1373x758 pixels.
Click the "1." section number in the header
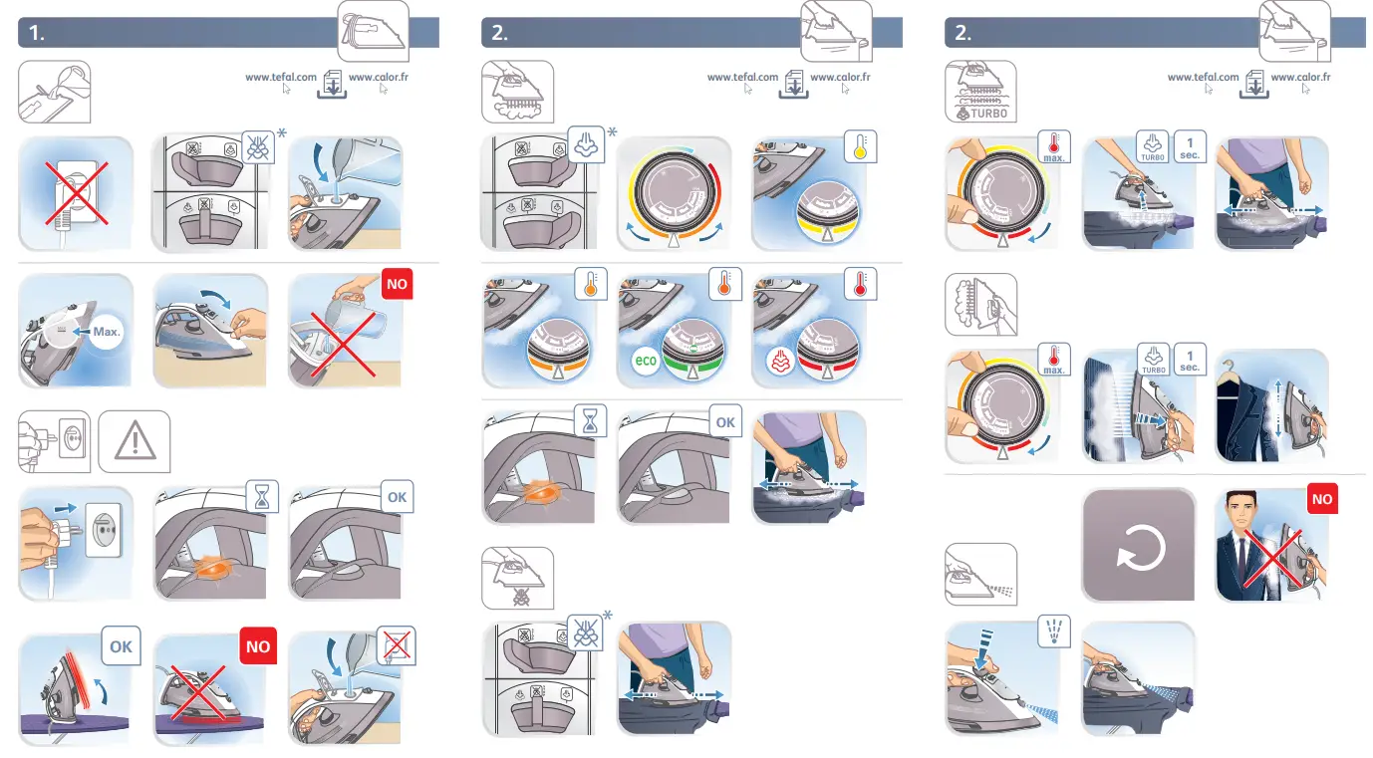pyautogui.click(x=37, y=33)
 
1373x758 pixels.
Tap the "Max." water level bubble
pyautogui.click(x=101, y=331)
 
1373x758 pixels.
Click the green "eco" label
pyautogui.click(x=646, y=360)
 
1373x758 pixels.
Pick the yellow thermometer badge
pyautogui.click(x=860, y=146)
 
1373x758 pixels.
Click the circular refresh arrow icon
pyautogui.click(x=1139, y=546)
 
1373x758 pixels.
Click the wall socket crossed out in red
pyautogui.click(x=75, y=193)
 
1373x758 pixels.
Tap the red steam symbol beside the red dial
pyautogui.click(x=780, y=361)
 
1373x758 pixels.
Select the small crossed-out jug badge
pyautogui.click(x=397, y=646)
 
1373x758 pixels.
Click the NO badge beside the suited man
pyautogui.click(x=1321, y=499)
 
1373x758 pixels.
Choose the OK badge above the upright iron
pyautogui.click(x=121, y=646)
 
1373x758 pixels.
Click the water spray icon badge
pyautogui.click(x=1053, y=630)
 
